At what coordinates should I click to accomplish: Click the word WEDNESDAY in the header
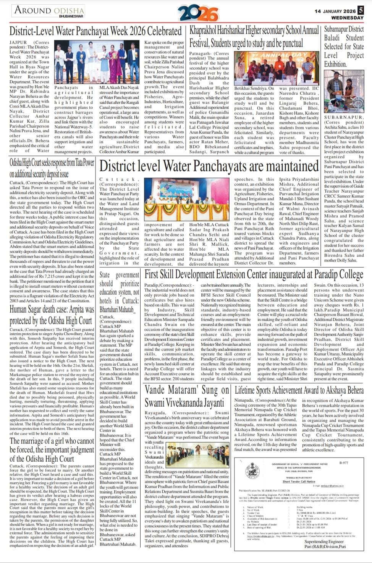(347, 18)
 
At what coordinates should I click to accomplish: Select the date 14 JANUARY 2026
(335, 11)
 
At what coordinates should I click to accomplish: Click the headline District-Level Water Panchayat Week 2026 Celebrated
(95, 31)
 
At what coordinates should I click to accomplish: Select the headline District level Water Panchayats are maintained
(209, 166)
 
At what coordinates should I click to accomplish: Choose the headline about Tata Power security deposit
(52, 168)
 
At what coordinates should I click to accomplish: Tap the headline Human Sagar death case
(52, 315)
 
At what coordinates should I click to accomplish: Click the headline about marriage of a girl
(52, 449)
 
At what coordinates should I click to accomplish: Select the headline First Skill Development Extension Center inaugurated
(254, 274)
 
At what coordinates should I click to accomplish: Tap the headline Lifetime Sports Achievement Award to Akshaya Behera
(299, 390)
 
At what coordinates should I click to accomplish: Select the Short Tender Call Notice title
(299, 482)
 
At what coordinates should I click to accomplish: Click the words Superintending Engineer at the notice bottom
(325, 542)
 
